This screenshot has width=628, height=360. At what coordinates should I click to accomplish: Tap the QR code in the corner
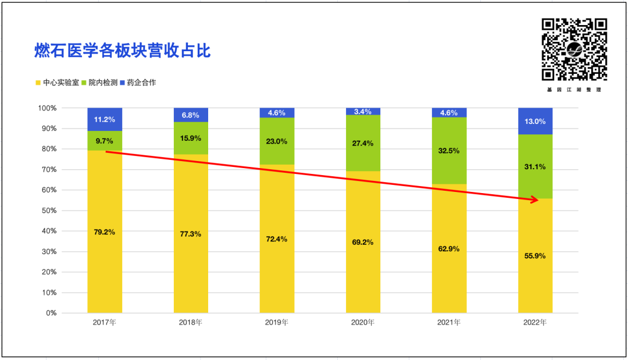pos(574,49)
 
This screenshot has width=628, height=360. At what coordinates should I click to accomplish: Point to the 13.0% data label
pos(535,122)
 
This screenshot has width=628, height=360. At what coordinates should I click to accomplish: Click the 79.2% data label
pos(105,232)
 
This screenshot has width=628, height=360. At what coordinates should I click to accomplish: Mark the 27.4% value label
pos(363,142)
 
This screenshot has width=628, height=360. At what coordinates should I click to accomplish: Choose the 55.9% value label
pos(535,256)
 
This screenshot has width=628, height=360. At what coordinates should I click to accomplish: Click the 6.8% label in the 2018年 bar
pos(191,115)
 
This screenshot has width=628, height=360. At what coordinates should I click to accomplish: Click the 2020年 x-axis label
pos(363,322)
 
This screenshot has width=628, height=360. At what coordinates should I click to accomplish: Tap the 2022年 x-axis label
pos(535,322)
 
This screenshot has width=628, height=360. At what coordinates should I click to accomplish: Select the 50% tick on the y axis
pos(48,211)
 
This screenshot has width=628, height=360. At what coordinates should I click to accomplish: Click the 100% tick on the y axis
pos(47,108)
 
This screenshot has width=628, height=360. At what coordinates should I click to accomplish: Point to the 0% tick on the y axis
pos(51,313)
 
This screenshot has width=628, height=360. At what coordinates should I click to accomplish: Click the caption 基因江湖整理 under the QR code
pos(574,90)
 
